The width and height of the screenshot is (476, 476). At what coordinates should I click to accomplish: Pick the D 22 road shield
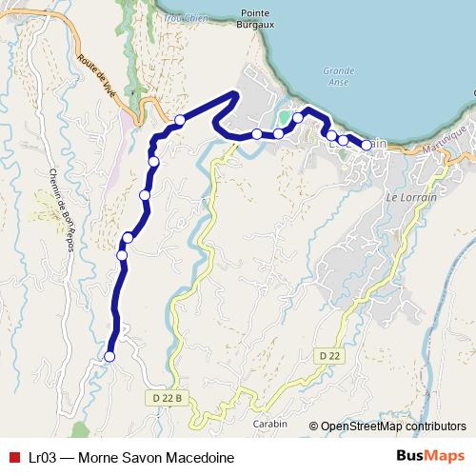click(329, 355)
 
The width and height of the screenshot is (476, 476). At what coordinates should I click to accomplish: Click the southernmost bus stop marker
click(109, 357)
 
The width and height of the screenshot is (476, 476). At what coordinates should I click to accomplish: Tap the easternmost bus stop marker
click(367, 145)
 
